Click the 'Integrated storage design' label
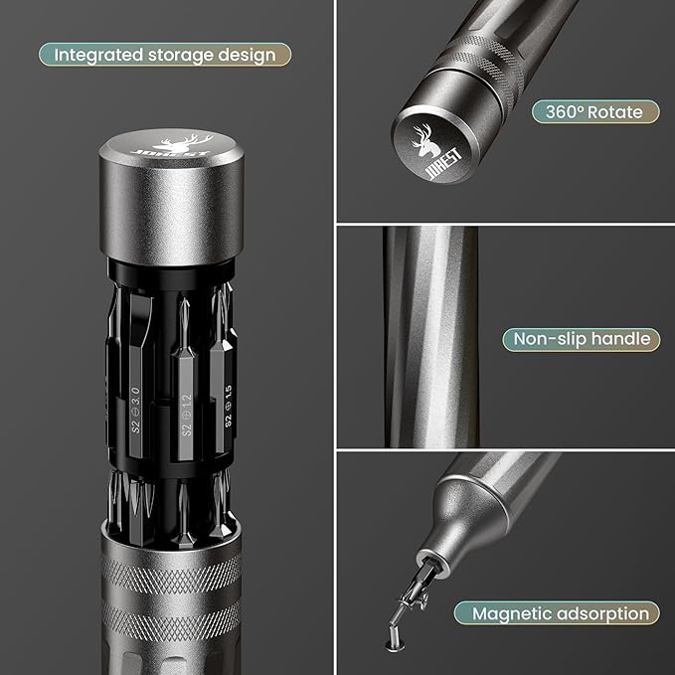pos(165,54)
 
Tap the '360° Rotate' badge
pos(587,111)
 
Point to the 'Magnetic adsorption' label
pos(560,613)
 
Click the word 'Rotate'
pos(616,111)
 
